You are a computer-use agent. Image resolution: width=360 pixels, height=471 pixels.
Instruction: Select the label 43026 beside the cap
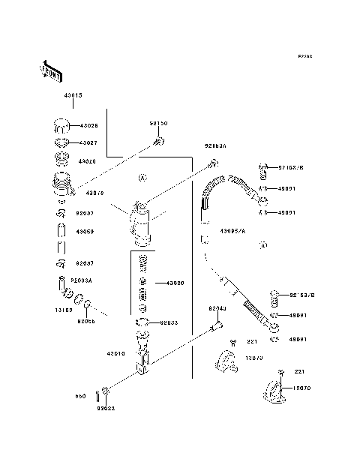[x=88, y=125]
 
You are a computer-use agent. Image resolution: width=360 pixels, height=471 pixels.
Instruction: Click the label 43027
[x=88, y=142]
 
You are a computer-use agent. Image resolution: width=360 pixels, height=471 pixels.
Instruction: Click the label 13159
[x=61, y=308]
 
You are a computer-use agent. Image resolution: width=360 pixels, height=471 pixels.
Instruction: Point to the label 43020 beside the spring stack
[x=175, y=283]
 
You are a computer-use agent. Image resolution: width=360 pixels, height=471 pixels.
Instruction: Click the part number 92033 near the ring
[x=169, y=322]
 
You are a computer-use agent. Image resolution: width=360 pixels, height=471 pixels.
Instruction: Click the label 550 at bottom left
[x=80, y=397]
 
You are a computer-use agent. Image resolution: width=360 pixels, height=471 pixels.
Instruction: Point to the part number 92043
[x=217, y=308]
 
